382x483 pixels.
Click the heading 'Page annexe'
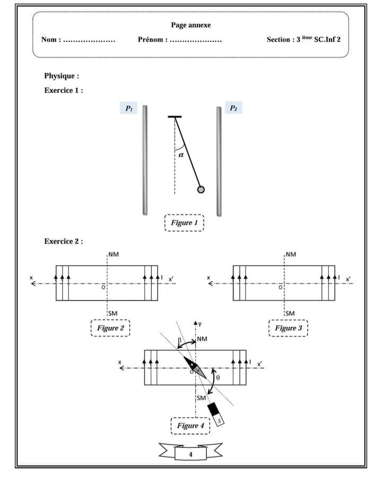[x=190, y=25]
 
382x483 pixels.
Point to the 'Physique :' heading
[x=62, y=76]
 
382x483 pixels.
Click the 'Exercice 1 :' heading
[x=63, y=90]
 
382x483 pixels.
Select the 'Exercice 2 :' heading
[x=63, y=242]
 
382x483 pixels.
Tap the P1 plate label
[x=128, y=108]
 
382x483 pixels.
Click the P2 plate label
[x=233, y=108]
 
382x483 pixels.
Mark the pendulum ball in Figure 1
[x=201, y=190]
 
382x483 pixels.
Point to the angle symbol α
[x=181, y=155]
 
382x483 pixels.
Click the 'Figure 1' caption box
[x=184, y=223]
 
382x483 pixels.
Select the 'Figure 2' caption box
[x=110, y=328]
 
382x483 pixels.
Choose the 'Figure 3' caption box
[x=288, y=328]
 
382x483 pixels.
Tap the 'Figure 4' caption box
[x=190, y=426]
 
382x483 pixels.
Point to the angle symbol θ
[x=219, y=379]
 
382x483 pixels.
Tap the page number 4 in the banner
[x=190, y=454]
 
